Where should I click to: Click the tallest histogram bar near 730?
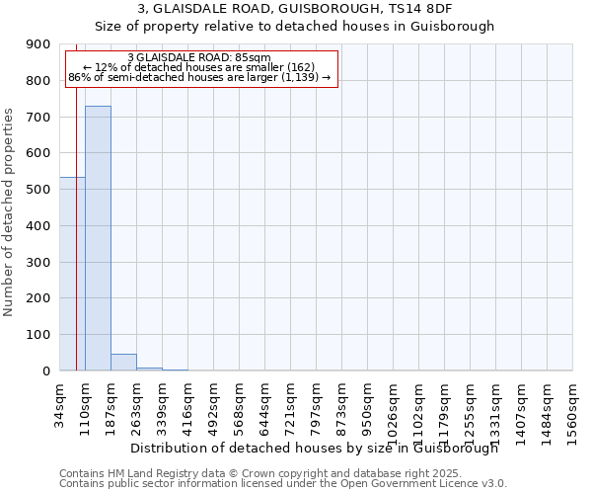point(98,238)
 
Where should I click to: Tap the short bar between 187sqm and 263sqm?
point(123,363)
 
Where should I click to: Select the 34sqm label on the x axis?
point(60,404)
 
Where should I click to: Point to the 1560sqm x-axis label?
point(573,411)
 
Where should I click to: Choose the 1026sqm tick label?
point(394,411)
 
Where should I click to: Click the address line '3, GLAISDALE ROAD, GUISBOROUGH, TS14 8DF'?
point(294,9)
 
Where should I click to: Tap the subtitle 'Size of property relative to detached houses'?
point(294,27)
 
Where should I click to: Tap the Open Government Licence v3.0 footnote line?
point(282,483)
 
